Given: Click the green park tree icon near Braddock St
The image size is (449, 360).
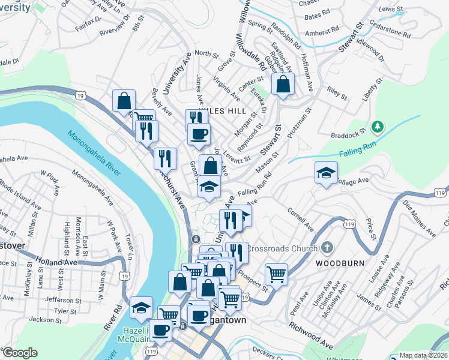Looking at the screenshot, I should point(377,127).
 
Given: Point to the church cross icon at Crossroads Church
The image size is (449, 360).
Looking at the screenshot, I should point(327,247).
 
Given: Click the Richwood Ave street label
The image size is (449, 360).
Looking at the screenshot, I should point(310,336).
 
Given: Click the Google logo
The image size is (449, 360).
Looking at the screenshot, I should point(20,353).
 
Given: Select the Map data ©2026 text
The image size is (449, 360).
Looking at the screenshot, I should point(423,355).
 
